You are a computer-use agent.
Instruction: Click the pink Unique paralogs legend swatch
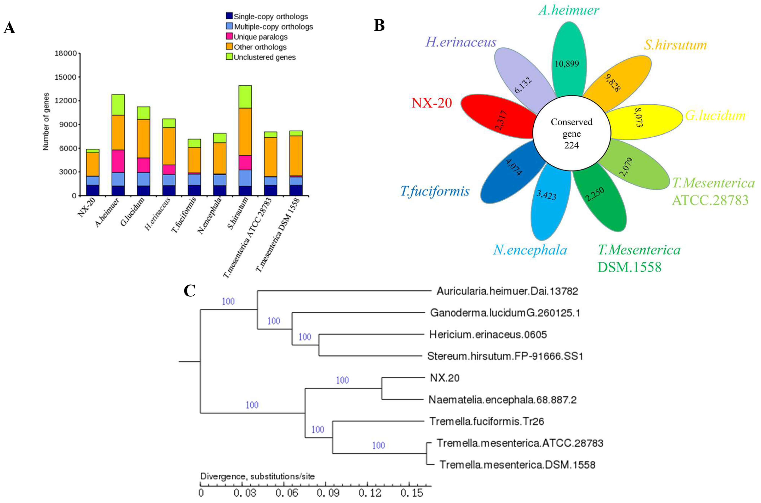229,37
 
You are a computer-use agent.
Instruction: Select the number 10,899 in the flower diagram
567,64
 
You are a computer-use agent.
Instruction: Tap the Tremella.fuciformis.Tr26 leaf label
486,421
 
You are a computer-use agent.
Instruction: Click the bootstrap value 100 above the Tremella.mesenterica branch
378,445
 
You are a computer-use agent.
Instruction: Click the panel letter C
190,291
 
